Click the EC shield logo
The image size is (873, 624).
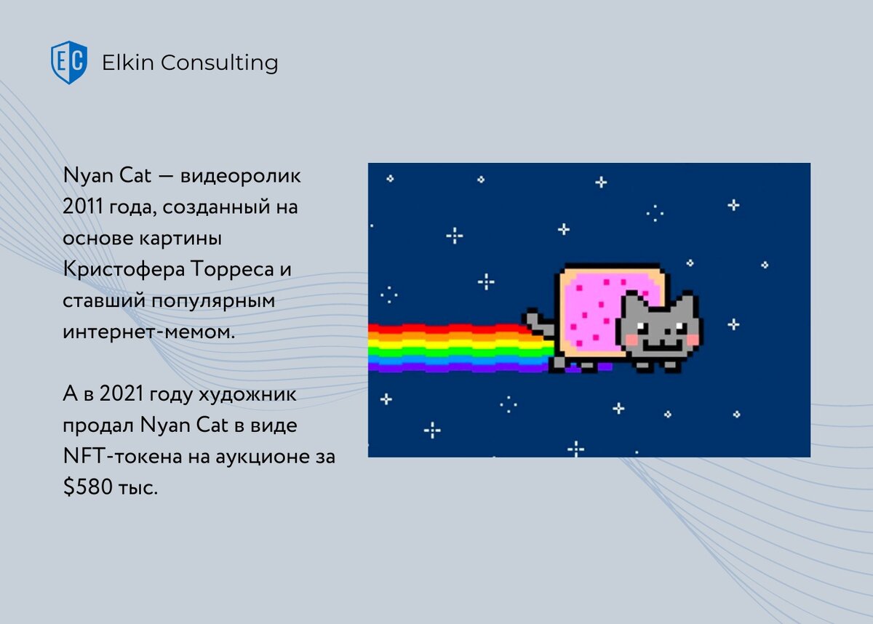[x=69, y=63]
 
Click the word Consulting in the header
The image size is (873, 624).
[x=220, y=63]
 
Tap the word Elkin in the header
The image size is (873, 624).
[x=128, y=63]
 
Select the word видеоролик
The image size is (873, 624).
[x=241, y=176]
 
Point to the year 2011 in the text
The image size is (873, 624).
[x=82, y=207]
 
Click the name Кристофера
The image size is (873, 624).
[x=124, y=270]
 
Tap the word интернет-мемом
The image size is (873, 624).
[x=149, y=332]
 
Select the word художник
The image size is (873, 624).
[x=247, y=393]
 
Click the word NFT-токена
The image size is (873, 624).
[x=122, y=456]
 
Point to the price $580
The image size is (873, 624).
[x=88, y=487]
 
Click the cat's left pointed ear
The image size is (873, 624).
[x=631, y=299]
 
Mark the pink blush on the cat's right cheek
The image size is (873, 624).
[x=693, y=340]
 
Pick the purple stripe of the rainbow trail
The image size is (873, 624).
[x=460, y=367]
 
